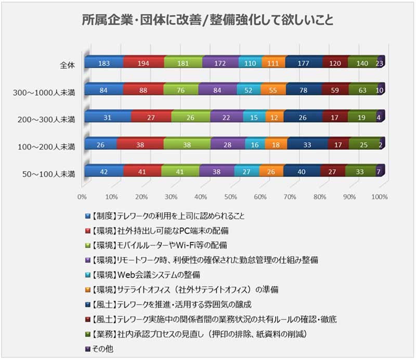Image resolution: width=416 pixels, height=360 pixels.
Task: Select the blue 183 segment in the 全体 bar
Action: click(x=104, y=63)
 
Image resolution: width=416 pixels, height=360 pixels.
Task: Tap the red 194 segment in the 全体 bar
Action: click(x=144, y=63)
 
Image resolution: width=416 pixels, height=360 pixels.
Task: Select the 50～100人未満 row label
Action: click(x=47, y=174)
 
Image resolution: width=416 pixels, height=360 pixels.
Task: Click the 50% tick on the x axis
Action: click(x=230, y=197)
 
